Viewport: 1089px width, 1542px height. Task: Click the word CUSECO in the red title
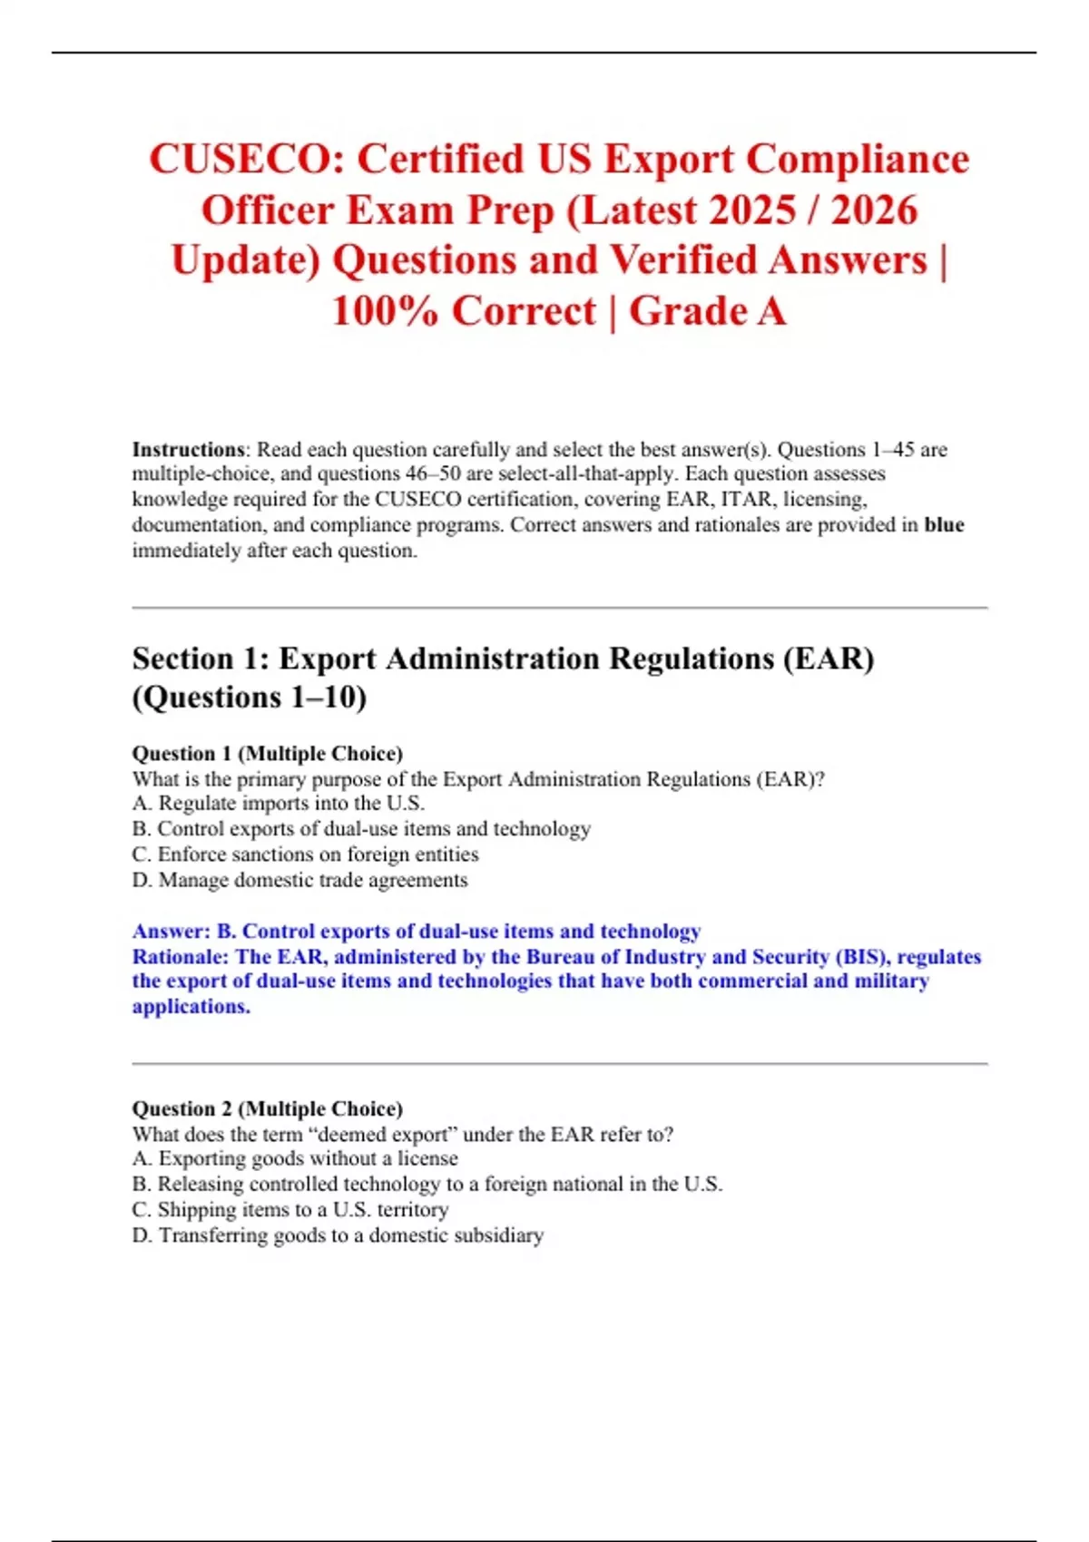(246, 160)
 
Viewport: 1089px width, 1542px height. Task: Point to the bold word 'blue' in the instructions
(944, 525)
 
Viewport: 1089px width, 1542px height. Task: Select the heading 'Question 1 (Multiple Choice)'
(268, 754)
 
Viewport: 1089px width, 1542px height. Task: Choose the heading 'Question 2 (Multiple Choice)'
(268, 1108)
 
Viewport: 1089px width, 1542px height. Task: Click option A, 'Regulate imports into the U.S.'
(279, 804)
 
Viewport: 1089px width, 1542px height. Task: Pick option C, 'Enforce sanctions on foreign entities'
(305, 854)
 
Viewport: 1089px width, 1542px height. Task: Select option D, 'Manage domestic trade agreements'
(300, 880)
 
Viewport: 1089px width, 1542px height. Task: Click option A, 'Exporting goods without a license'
(295, 1158)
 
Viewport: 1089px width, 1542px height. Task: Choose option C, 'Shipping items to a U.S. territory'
(290, 1210)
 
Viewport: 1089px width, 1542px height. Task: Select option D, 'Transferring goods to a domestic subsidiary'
(338, 1235)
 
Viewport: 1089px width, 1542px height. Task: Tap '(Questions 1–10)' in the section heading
(250, 698)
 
